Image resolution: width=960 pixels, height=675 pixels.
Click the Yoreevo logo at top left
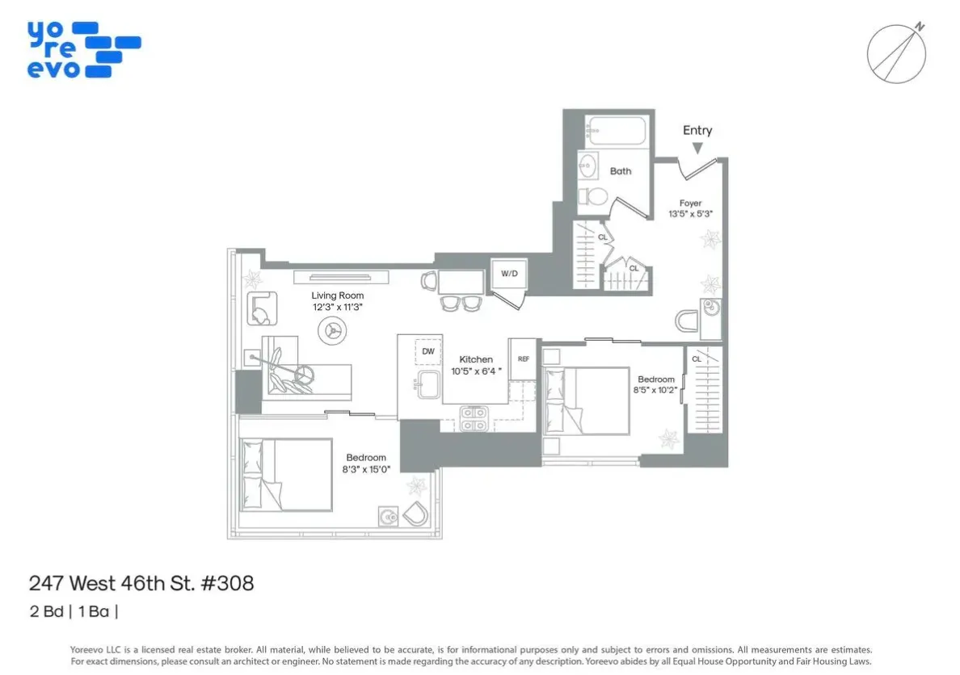[x=83, y=49]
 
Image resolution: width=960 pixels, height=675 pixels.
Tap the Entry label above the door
[x=697, y=130]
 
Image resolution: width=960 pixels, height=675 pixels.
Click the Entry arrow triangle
[x=697, y=148]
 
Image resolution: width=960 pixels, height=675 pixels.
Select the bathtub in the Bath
[x=616, y=130]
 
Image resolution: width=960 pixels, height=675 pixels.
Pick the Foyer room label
[x=690, y=203]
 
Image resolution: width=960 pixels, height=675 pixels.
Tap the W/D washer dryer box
[x=509, y=274]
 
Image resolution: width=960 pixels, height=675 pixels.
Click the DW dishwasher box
[x=428, y=352]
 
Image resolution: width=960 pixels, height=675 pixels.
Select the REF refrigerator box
[x=523, y=359]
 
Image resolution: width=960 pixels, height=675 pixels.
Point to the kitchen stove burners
[x=474, y=418]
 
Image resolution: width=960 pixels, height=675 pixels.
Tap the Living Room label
[x=338, y=296]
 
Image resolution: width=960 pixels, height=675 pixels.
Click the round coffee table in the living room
[x=332, y=328]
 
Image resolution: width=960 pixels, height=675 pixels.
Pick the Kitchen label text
[x=476, y=359]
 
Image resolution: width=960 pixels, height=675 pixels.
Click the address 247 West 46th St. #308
[x=141, y=583]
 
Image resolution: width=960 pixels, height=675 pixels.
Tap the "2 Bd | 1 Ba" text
[x=74, y=611]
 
